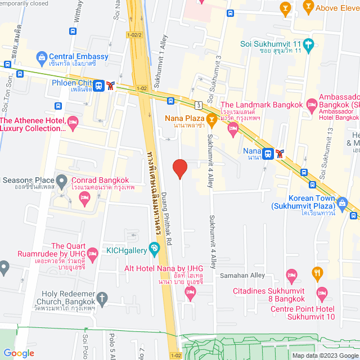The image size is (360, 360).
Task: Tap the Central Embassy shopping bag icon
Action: coord(41,56)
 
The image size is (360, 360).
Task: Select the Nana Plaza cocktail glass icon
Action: coord(211,119)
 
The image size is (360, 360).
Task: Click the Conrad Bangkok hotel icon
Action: coord(85,196)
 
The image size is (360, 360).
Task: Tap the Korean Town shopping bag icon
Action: coord(341,202)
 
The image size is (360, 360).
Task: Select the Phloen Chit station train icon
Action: coord(99,85)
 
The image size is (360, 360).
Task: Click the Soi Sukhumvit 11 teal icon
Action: coord(308,44)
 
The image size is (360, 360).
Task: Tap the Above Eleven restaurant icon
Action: coord(308,7)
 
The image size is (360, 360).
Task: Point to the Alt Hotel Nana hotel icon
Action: coord(191,291)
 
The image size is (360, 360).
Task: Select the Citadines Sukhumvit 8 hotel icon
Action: coord(291,275)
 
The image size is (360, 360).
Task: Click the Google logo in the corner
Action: coord(18,353)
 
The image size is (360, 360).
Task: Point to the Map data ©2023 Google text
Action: coord(325,355)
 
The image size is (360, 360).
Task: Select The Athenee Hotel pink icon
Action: coord(73,121)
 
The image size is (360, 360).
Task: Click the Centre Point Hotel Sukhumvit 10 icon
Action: coord(322,292)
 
